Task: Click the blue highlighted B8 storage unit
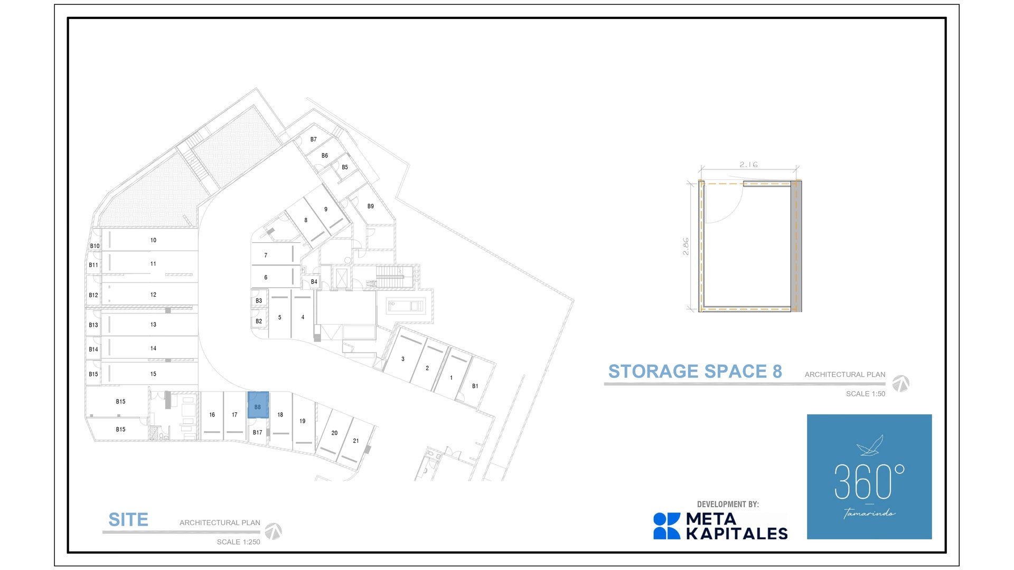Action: (x=258, y=405)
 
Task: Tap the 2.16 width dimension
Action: (x=748, y=165)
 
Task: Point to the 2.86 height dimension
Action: (x=686, y=246)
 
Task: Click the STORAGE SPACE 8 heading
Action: (x=695, y=372)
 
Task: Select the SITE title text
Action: (x=128, y=520)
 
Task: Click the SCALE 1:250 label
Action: (x=238, y=542)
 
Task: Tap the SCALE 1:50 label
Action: (x=866, y=394)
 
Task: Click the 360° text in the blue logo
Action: (x=869, y=481)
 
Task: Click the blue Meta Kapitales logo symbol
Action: (x=667, y=526)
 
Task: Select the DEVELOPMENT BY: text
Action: (x=728, y=505)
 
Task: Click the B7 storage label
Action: (x=314, y=140)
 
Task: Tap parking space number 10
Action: (x=153, y=240)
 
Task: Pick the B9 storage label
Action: (x=371, y=206)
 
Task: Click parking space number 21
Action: (x=356, y=441)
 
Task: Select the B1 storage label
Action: (x=475, y=386)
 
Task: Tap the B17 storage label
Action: (x=258, y=433)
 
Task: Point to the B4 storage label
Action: (x=314, y=282)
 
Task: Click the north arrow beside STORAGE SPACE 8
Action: (x=901, y=383)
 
